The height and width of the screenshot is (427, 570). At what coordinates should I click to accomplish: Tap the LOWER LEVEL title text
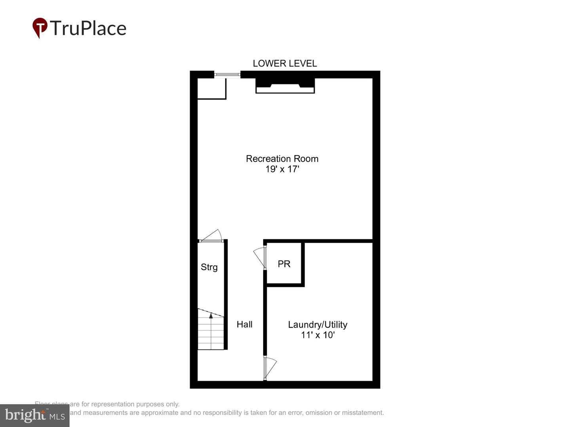point(285,63)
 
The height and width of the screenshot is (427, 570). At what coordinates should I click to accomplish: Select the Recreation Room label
point(282,159)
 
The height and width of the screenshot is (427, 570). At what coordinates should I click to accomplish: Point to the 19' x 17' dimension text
point(282,169)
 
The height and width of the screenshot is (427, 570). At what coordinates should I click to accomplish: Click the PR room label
point(284,264)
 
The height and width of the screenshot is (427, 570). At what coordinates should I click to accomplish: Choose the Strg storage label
point(209,267)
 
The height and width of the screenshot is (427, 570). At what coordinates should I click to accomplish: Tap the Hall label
point(244,324)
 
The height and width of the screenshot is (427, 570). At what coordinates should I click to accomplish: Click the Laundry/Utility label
point(317,325)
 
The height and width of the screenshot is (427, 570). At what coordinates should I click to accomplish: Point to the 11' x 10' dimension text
point(317,335)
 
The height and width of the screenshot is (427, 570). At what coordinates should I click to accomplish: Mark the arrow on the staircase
point(211,315)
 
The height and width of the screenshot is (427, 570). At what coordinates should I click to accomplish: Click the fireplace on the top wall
point(285,85)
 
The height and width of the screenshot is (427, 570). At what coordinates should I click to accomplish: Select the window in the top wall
point(227,74)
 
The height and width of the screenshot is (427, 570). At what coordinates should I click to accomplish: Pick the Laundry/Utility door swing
point(270,368)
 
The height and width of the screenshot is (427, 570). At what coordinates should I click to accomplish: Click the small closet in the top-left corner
point(211,89)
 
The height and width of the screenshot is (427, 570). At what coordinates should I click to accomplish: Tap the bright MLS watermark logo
point(35,415)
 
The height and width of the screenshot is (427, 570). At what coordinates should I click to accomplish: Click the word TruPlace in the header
point(88,28)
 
